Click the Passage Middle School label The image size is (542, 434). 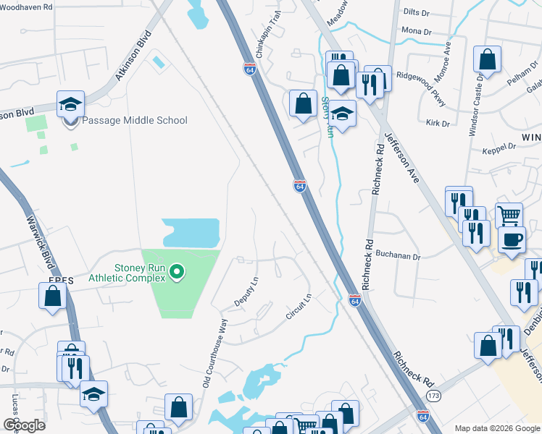(134, 120)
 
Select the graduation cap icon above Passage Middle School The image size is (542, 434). (70, 104)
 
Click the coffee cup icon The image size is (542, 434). (512, 239)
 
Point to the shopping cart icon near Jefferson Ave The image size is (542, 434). (509, 215)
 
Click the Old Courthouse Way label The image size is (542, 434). (215, 358)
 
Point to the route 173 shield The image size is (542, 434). (434, 396)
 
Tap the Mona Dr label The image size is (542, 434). (416, 32)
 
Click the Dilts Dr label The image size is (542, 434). (417, 12)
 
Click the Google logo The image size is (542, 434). (24, 425)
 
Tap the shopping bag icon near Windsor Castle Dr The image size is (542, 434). (488, 61)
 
